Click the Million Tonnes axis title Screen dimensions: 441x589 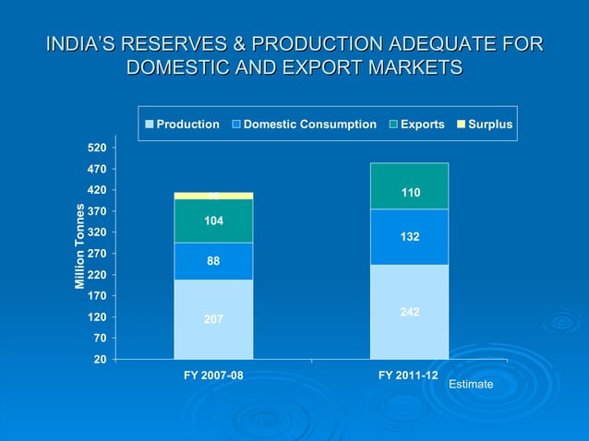click(x=80, y=244)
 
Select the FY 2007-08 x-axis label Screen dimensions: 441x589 click(x=212, y=376)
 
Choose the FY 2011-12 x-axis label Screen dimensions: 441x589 click(x=408, y=376)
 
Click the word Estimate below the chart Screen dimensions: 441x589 click(x=471, y=384)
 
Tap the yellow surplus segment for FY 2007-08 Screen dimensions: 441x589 click(x=213, y=196)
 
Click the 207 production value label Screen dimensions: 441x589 click(x=213, y=319)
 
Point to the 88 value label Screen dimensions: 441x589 click(x=213, y=261)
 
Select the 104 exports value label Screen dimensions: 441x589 click(x=213, y=220)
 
